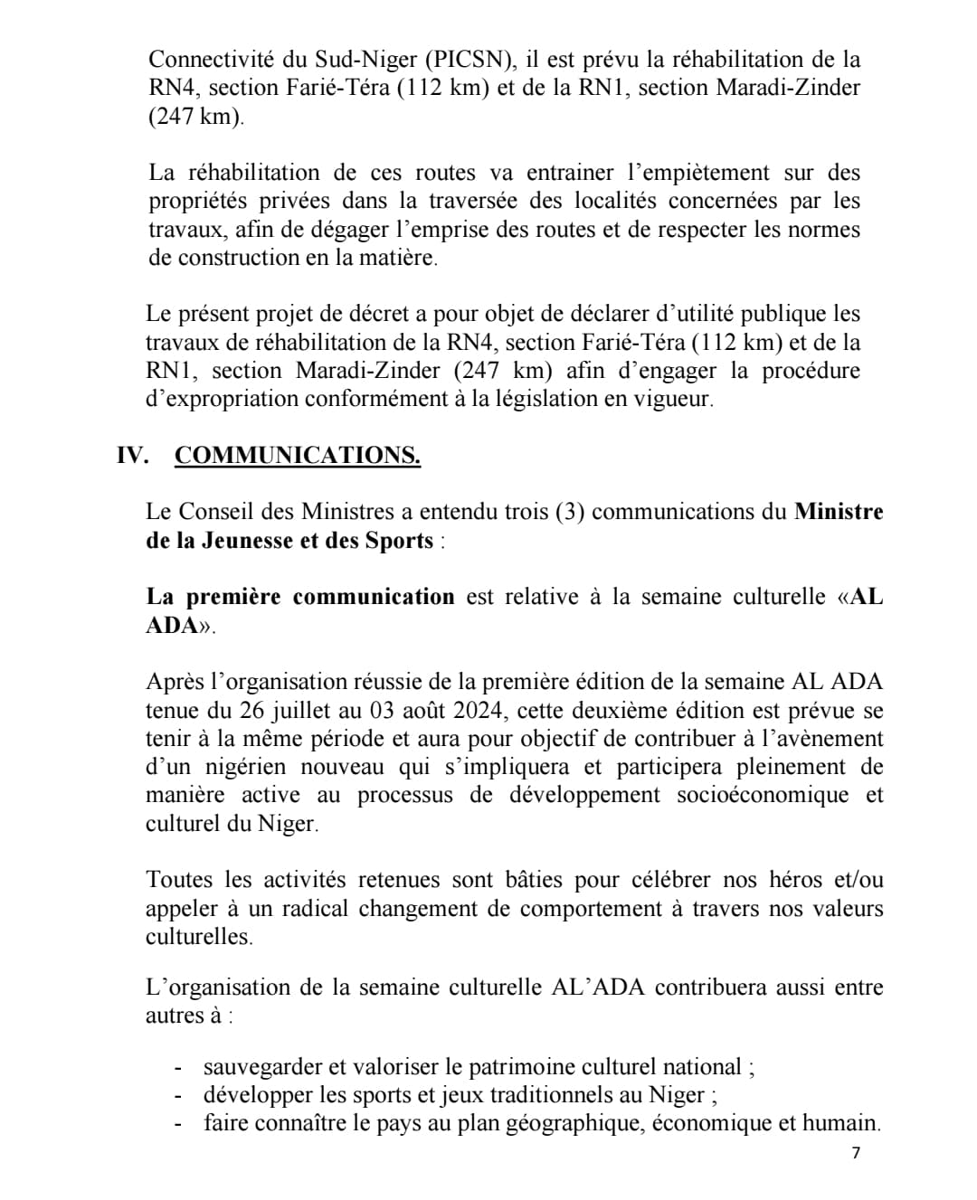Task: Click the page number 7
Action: (856, 1152)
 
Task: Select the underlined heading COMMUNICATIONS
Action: (297, 455)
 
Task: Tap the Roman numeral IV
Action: (132, 455)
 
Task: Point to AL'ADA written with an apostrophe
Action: (598, 987)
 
